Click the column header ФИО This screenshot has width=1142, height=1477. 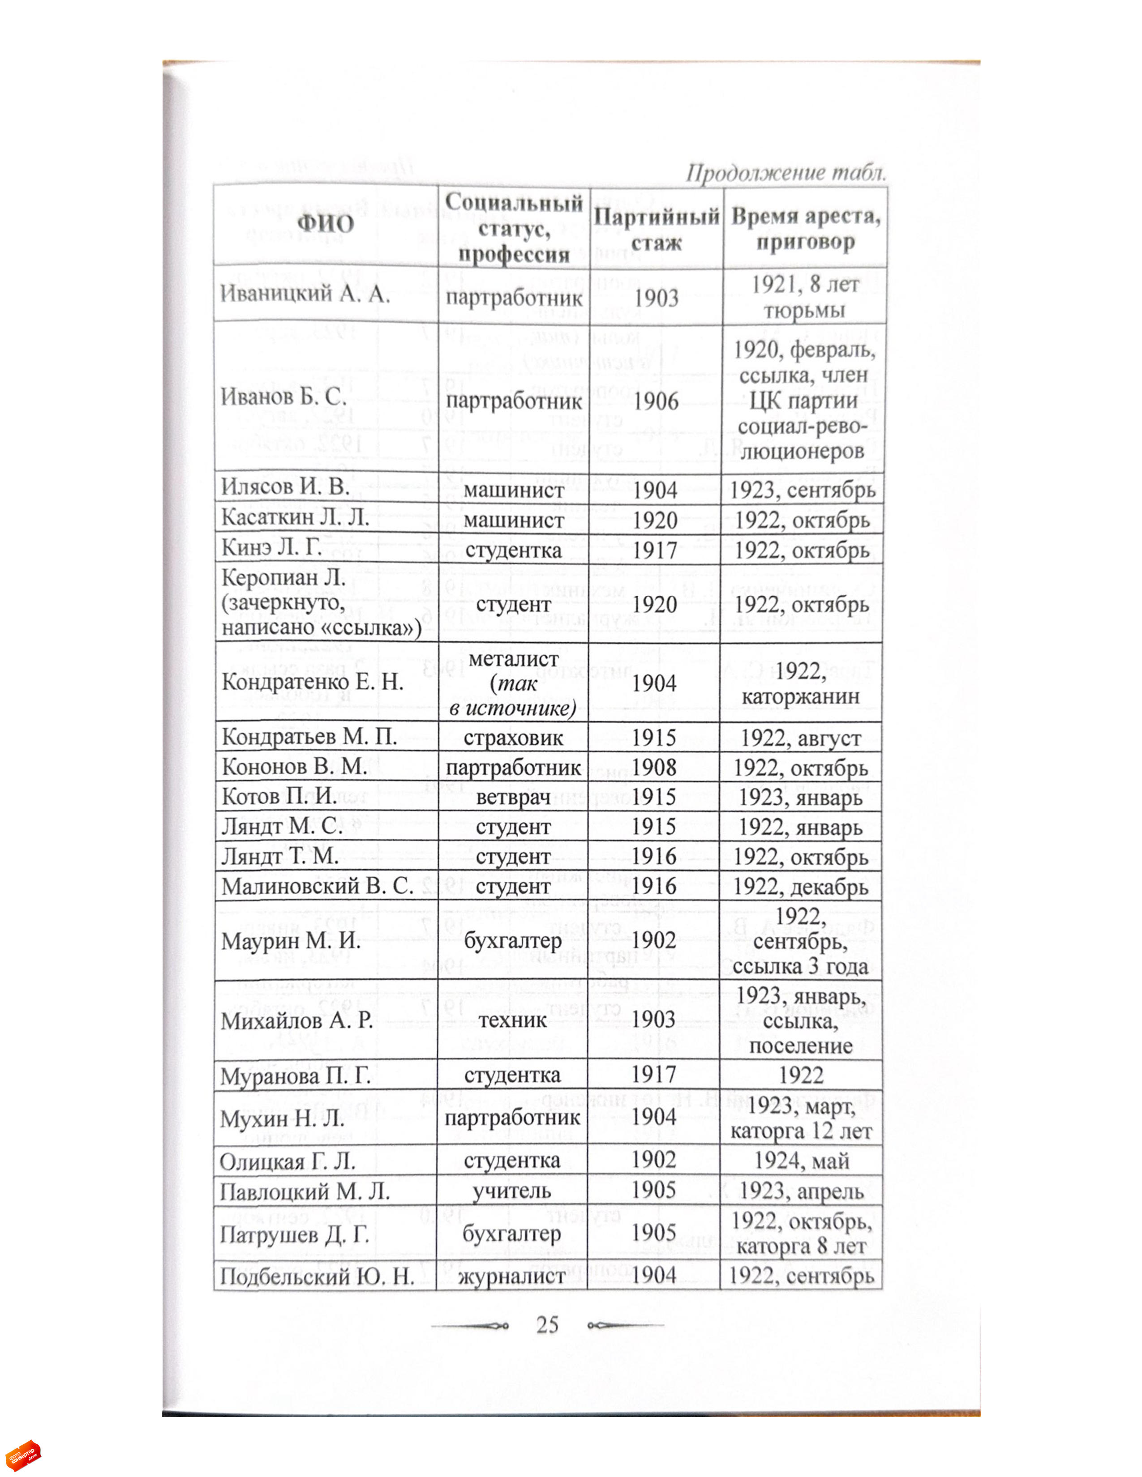click(326, 224)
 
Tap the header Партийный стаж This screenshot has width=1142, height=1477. click(656, 229)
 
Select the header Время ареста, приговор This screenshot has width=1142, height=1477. click(805, 229)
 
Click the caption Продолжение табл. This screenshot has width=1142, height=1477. click(786, 173)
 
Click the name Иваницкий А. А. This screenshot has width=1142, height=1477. click(305, 294)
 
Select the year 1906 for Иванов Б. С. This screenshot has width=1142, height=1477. click(656, 401)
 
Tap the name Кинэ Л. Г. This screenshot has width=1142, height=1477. click(271, 547)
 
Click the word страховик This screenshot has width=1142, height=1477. click(513, 737)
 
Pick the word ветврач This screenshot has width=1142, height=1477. click(513, 797)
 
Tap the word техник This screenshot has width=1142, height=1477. click(512, 1019)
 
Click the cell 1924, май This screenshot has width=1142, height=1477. click(801, 1161)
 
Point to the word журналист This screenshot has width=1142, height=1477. click(511, 1276)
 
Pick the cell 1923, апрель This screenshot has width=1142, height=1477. click(801, 1191)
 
